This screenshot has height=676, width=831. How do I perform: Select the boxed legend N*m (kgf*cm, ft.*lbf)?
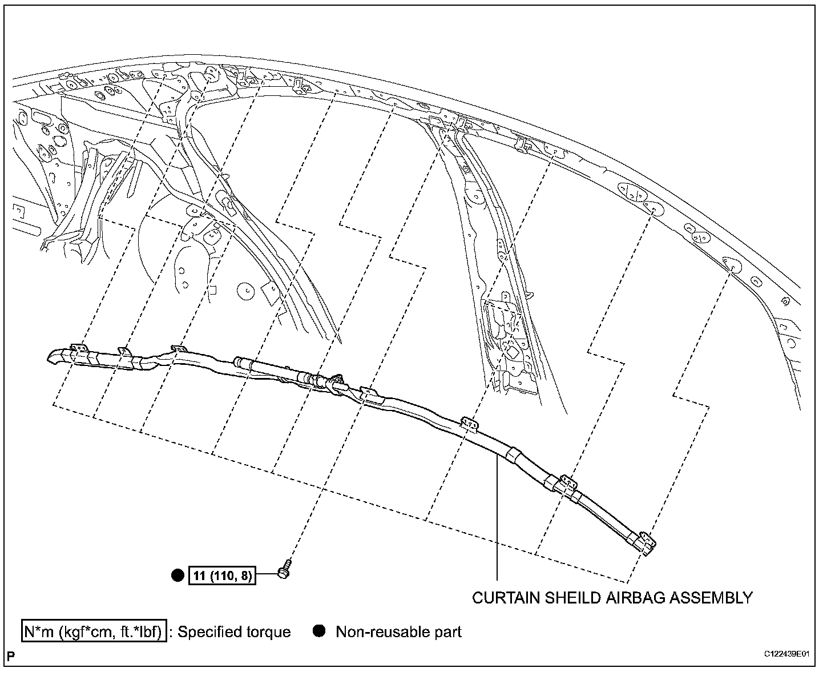coord(94,631)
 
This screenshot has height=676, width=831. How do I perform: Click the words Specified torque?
coord(234,632)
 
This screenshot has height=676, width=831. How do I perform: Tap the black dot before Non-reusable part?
coord(320,631)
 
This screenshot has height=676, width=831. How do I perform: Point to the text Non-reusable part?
coord(398,632)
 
